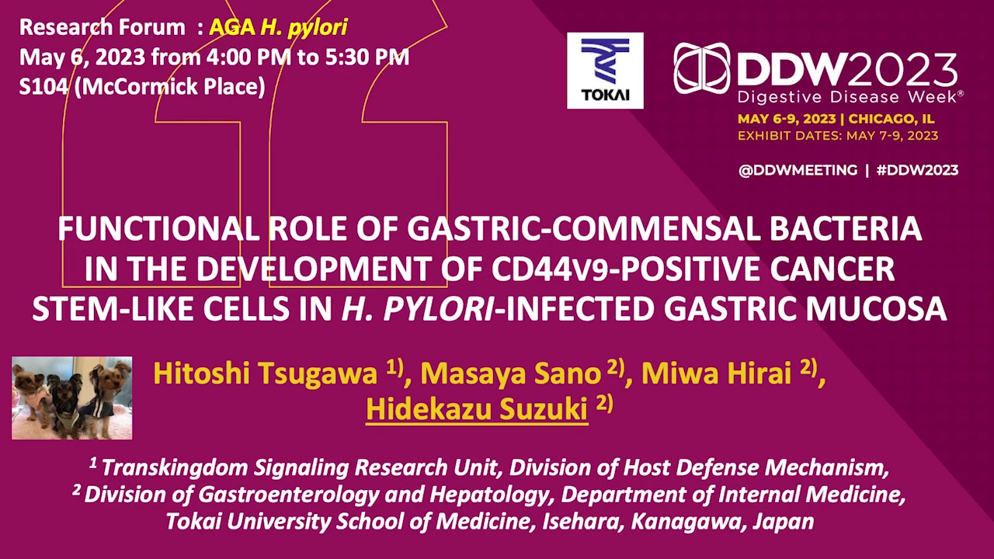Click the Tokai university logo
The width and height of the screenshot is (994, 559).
click(605, 71)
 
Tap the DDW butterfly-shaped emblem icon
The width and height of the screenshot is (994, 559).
click(701, 68)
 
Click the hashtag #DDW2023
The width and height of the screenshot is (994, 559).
click(917, 170)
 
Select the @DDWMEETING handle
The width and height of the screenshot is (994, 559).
click(798, 170)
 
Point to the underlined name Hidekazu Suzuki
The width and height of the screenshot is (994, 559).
click(477, 409)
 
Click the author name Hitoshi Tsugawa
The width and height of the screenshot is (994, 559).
click(265, 373)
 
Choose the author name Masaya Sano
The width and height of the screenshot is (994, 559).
click(510, 373)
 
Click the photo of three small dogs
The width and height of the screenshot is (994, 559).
click(72, 398)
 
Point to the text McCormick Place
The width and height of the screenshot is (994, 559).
click(169, 86)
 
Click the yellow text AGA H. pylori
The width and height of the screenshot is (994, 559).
click(278, 28)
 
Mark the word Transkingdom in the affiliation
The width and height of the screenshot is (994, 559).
click(175, 467)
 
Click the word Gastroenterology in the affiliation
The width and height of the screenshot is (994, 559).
click(288, 495)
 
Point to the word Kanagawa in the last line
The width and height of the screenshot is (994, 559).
click(686, 522)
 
